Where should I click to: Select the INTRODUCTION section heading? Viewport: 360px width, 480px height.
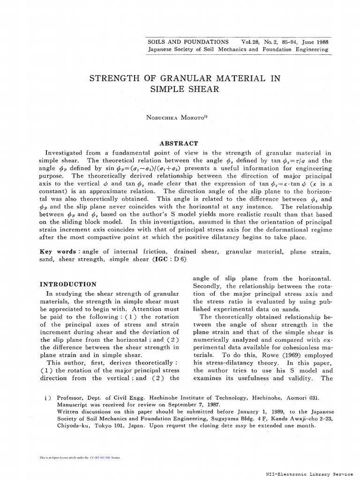pos(68,284)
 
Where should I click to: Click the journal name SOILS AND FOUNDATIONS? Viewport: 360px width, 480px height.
pos(188,42)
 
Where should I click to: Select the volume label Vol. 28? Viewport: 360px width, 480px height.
pos(249,42)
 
